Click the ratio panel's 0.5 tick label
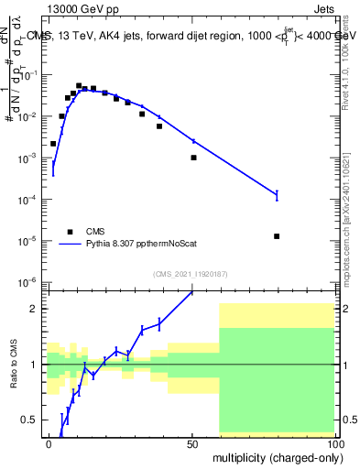(x=30, y=420)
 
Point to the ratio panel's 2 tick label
(x=36, y=309)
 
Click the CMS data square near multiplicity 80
(x=277, y=236)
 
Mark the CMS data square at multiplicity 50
(x=193, y=158)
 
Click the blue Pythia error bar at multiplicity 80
(x=277, y=194)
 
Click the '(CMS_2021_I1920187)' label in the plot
(x=189, y=273)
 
